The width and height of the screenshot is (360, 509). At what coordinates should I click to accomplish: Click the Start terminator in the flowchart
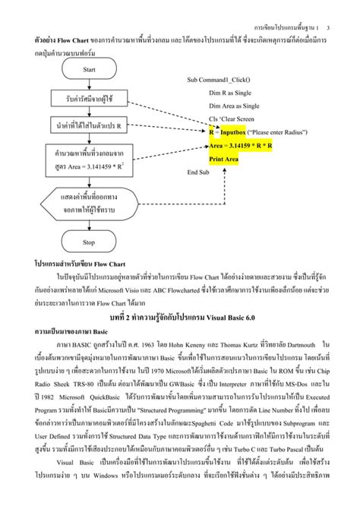[89, 69]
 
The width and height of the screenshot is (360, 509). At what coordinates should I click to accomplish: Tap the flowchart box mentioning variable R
[89, 125]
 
